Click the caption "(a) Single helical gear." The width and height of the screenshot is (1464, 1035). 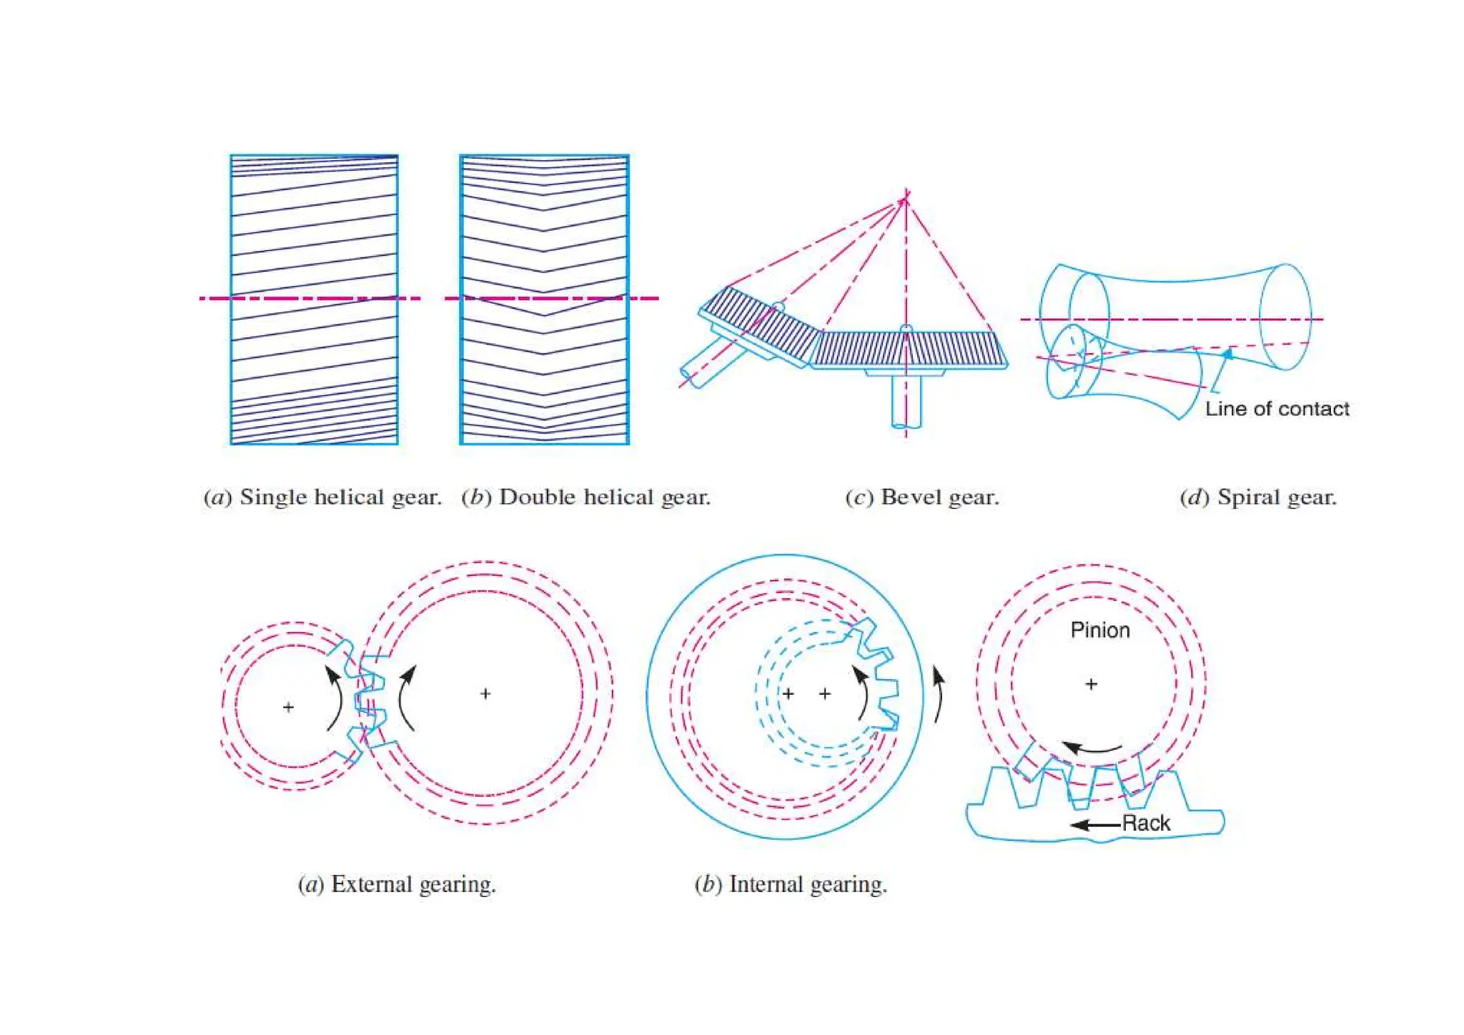pyautogui.click(x=323, y=497)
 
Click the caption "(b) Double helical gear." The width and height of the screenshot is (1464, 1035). pyautogui.click(x=586, y=497)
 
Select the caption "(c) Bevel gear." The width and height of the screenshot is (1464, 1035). pyautogui.click(x=921, y=497)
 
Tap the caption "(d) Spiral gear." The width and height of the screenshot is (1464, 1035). pyautogui.click(x=1257, y=497)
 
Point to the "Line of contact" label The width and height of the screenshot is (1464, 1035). pyautogui.click(x=1277, y=409)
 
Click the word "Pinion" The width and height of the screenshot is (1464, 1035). pyautogui.click(x=1099, y=630)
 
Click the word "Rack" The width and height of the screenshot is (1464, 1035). pyautogui.click(x=1146, y=823)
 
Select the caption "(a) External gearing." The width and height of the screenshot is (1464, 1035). pyautogui.click(x=397, y=884)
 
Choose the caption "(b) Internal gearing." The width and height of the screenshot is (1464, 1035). pyautogui.click(x=791, y=884)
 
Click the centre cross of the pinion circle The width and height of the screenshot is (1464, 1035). pyautogui.click(x=1091, y=684)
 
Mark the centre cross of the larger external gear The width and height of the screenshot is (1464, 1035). pyautogui.click(x=485, y=693)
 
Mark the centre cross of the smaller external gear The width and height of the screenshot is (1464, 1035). pyautogui.click(x=288, y=707)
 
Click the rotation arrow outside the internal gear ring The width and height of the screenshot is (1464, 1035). pyautogui.click(x=939, y=693)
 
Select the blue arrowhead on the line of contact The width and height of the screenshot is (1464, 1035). pyautogui.click(x=1227, y=353)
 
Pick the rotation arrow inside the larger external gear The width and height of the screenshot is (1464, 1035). pyautogui.click(x=407, y=697)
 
